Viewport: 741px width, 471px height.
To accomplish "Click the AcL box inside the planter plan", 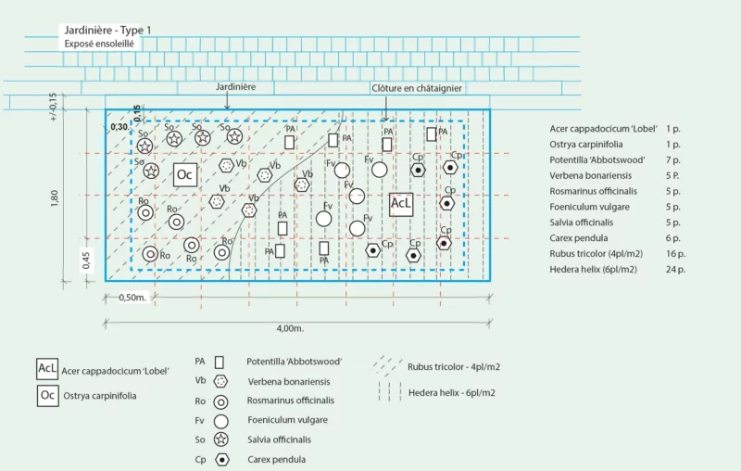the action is coord(401,204).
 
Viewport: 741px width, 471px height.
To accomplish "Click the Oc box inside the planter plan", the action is coord(184,174).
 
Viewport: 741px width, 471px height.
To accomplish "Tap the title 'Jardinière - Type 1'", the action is coord(107,31).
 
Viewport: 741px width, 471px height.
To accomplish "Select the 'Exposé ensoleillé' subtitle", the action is coord(99,44).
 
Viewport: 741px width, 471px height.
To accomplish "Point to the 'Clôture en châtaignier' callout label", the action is coord(417,88).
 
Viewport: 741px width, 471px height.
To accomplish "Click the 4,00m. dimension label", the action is coord(290,328).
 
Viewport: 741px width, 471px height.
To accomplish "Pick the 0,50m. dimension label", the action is coord(132,298).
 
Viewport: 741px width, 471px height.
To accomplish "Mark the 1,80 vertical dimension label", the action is coord(55,198).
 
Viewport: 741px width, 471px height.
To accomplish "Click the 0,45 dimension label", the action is coord(86,261).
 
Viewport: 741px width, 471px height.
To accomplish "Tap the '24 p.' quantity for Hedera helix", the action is coord(675,270).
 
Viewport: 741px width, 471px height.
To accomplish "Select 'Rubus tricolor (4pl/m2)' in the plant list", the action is coord(596,254).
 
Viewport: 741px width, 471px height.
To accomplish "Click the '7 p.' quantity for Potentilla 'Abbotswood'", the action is coord(673,160).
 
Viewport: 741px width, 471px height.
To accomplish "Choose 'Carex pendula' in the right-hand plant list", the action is coord(578,238).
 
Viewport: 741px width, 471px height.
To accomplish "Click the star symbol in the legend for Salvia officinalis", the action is coord(220,439).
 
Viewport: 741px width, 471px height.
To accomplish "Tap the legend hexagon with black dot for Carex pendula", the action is coord(221,460).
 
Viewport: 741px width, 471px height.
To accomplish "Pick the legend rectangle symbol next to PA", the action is coord(219,363).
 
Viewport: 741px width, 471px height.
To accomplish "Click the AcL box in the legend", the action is coord(47,369).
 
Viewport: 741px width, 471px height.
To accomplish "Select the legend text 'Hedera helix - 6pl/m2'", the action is coord(452,393).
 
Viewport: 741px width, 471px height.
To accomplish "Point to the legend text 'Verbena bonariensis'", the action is coord(289,382).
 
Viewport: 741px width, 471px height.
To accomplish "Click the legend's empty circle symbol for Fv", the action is coord(220,421).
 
